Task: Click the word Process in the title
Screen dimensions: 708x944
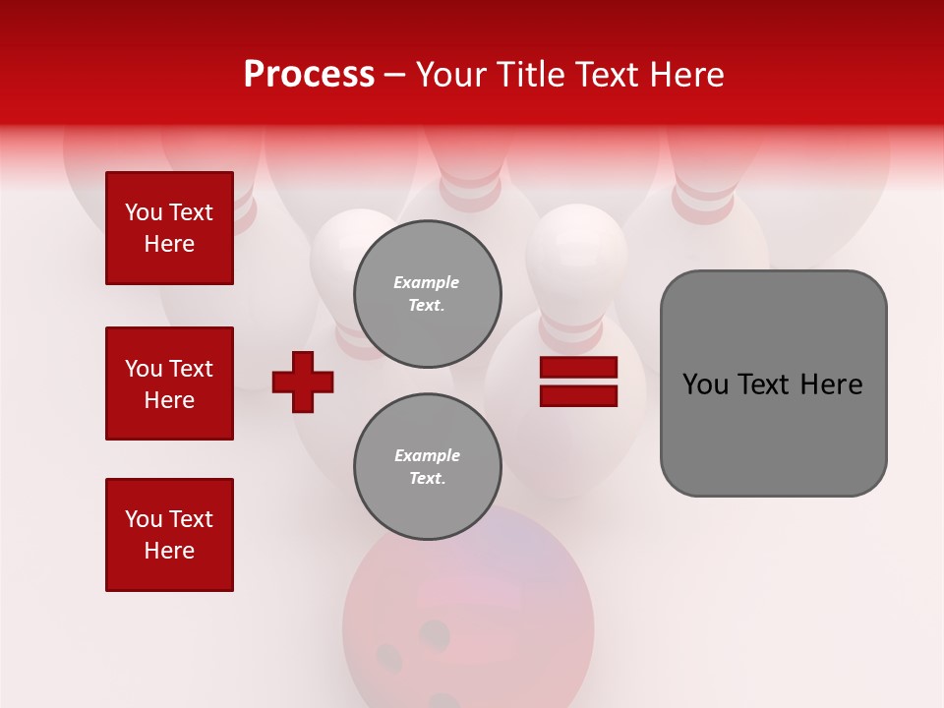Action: pyautogui.click(x=309, y=75)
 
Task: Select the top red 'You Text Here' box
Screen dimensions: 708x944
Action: pyautogui.click(x=169, y=228)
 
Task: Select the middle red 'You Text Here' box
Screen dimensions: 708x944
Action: pyautogui.click(x=169, y=383)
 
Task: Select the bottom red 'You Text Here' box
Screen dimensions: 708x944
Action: pyautogui.click(x=169, y=535)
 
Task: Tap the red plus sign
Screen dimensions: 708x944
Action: pyautogui.click(x=303, y=382)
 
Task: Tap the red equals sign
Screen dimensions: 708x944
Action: pyautogui.click(x=578, y=382)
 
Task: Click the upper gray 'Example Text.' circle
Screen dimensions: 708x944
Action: pyautogui.click(x=428, y=293)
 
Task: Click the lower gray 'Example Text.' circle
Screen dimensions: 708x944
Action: pyautogui.click(x=428, y=467)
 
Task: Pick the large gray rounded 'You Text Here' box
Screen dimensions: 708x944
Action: pyautogui.click(x=773, y=383)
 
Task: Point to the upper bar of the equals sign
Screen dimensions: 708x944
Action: pyautogui.click(x=578, y=368)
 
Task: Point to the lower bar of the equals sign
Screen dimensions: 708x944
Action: pyautogui.click(x=578, y=395)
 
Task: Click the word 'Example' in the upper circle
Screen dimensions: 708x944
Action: pyautogui.click(x=427, y=282)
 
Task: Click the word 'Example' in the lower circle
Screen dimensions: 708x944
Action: pyautogui.click(x=427, y=455)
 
